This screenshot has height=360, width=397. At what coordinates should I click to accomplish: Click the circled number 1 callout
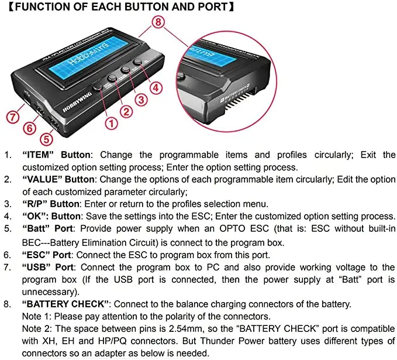[112, 124]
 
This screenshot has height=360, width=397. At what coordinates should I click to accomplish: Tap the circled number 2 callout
[126, 111]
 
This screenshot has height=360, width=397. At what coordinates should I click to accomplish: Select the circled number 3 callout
[141, 100]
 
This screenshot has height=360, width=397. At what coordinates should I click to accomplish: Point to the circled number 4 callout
[156, 88]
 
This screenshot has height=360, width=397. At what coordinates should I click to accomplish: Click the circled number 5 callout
[46, 139]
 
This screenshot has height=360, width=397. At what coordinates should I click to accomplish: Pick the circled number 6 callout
[30, 128]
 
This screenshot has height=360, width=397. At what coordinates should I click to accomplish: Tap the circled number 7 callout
[13, 117]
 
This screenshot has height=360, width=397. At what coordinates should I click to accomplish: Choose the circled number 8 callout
[158, 22]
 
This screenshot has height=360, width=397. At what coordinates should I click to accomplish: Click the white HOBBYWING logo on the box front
[77, 102]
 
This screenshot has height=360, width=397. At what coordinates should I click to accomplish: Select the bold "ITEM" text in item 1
[38, 155]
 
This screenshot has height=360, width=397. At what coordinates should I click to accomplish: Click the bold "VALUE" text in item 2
[42, 179]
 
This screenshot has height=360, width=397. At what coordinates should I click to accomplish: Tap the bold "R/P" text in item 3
[34, 204]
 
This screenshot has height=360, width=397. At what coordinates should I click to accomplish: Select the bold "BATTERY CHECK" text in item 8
[65, 304]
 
